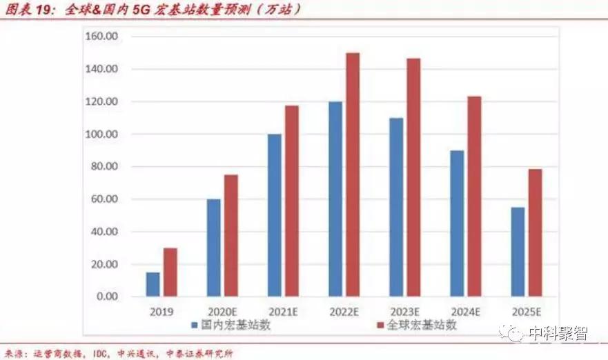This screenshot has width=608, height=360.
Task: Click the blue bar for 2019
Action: click(153, 284)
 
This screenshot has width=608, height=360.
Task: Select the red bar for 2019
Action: click(170, 272)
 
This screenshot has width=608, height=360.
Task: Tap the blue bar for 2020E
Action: click(213, 248)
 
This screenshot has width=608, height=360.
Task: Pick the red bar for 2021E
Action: click(291, 201)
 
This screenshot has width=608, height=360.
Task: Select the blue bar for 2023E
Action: click(396, 207)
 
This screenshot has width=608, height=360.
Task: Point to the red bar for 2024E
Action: click(474, 197)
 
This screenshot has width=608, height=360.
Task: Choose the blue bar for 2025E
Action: click(518, 252)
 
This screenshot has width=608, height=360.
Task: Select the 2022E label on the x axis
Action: click(343, 311)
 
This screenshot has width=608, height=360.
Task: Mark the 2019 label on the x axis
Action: click(161, 311)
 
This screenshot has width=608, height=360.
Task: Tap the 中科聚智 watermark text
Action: click(558, 333)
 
